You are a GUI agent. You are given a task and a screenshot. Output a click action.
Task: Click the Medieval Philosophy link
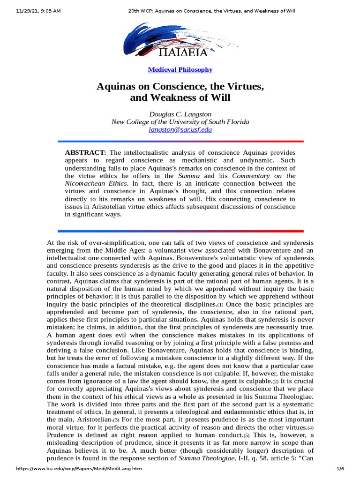coord(180,70)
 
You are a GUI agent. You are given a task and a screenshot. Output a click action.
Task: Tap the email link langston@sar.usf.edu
coord(180,129)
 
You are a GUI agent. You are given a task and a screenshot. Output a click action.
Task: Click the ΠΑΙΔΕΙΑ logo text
coord(180,49)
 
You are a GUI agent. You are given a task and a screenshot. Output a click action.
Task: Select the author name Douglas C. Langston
coord(180,114)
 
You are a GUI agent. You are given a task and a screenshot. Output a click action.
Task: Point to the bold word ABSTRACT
coord(86,152)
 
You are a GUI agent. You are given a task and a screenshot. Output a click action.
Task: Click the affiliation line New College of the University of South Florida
coord(180,122)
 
